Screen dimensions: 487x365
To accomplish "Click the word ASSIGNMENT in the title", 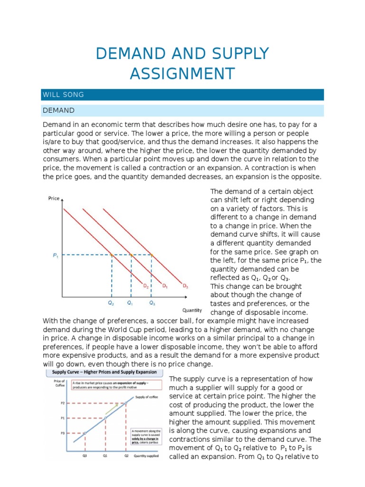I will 182,74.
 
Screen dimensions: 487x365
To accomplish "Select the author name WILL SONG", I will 63,95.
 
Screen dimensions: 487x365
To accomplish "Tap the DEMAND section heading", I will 58,110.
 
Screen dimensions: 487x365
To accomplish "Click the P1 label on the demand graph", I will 55,255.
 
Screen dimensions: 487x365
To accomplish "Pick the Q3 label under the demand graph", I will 152,302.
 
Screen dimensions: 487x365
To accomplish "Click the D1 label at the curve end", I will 164,286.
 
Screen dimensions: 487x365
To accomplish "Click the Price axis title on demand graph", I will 54,198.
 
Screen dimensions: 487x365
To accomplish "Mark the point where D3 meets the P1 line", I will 152,255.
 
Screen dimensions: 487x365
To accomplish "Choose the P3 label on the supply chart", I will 62,433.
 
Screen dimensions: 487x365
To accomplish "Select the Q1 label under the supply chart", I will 106,455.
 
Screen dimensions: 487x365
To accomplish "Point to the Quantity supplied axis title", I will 147,455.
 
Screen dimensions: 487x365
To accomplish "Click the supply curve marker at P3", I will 85,433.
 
